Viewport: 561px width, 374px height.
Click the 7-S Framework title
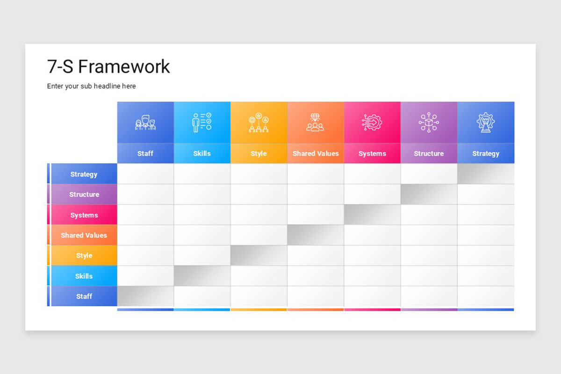coord(108,67)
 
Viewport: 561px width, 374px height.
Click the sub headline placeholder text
coord(92,86)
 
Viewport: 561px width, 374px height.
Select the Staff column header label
coord(145,153)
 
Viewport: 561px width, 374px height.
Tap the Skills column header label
coord(202,153)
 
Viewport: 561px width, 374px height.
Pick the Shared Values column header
coord(316,153)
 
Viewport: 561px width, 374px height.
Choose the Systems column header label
coord(372,153)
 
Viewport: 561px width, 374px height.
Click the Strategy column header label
coord(486,153)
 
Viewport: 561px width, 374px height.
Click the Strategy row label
coord(84,174)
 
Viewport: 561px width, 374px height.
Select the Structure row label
coord(84,194)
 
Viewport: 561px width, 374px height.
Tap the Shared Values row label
coord(84,235)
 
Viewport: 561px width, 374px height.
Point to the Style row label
coord(84,256)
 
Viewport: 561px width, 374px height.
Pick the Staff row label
coord(84,296)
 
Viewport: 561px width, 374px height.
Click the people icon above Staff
coord(145,123)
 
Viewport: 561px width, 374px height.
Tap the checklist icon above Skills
coord(202,122)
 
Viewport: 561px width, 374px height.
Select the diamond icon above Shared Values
coord(316,122)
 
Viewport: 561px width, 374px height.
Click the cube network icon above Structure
coord(429,122)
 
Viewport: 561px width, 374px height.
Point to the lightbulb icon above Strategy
coord(486,122)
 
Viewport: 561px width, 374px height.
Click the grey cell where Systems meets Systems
coord(372,215)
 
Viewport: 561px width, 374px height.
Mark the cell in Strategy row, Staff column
coord(145,174)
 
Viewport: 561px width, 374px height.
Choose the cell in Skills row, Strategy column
coord(486,276)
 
